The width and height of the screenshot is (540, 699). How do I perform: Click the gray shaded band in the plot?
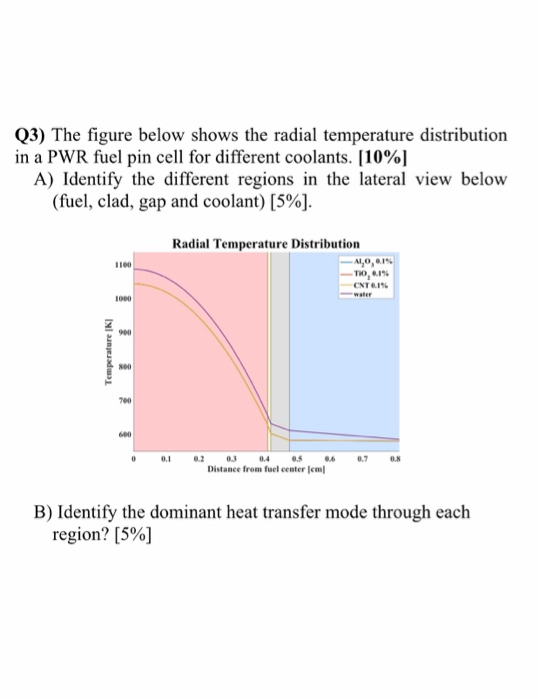[x=280, y=349]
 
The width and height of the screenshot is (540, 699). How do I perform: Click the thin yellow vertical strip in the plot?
[x=268, y=349]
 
